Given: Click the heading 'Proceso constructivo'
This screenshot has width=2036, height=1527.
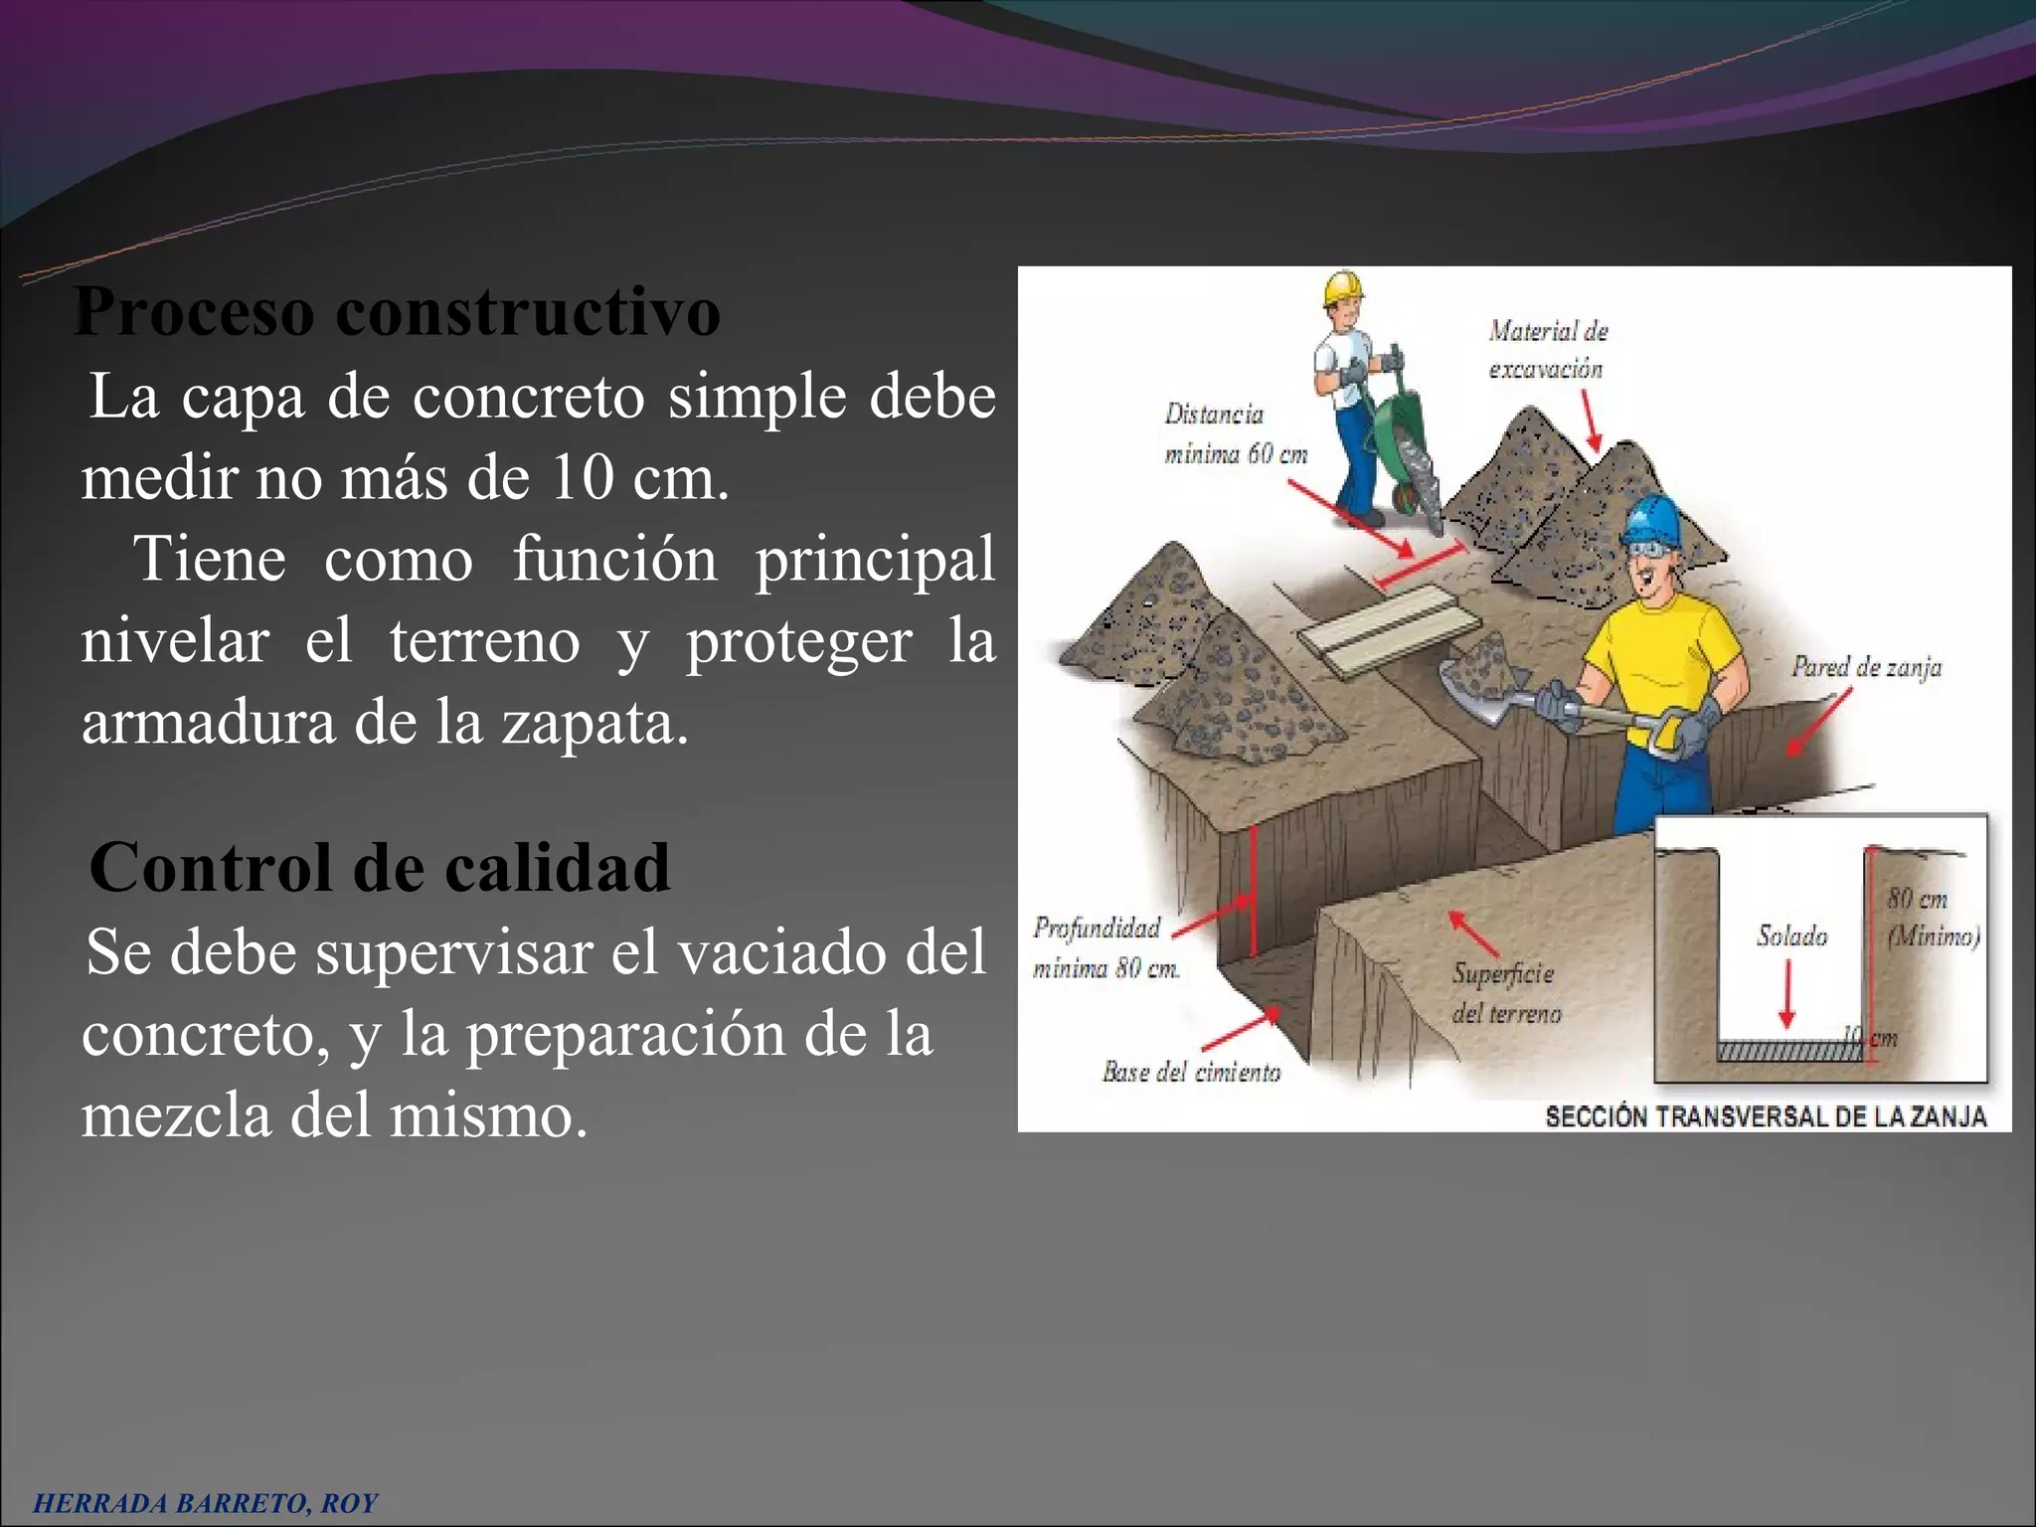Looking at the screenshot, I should tap(397, 312).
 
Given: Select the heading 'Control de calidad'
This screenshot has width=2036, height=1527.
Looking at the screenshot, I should tap(380, 868).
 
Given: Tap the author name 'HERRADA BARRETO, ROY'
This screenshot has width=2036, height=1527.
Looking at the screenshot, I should tap(206, 1503).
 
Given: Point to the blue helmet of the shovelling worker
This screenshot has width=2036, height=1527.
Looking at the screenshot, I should tap(1650, 519).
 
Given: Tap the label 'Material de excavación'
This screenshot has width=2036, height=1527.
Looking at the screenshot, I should tap(1547, 350).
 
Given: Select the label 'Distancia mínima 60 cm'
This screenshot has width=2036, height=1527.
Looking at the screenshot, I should tap(1235, 434).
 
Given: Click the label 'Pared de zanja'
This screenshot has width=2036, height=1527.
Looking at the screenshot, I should tap(1866, 667).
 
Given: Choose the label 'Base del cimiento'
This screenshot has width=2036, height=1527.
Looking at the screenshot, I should tap(1191, 1072).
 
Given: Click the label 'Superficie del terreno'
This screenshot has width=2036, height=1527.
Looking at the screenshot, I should tap(1505, 993).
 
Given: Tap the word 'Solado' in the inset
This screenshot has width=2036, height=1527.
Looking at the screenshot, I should tap(1791, 935).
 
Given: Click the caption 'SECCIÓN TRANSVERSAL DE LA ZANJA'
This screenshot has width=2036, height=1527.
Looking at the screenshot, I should tap(1766, 1117).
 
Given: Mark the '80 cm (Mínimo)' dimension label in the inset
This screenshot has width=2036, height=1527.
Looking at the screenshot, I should tap(1933, 918).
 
